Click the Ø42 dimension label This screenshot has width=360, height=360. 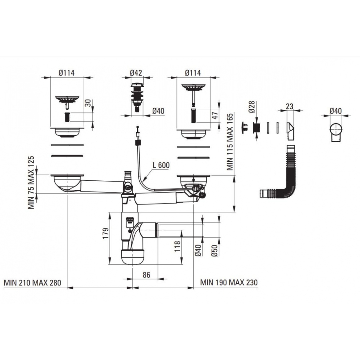click(136, 73)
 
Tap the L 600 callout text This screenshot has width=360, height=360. click(161, 165)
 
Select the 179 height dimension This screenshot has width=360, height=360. click(105, 233)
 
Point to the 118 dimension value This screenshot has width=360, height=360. click(177, 246)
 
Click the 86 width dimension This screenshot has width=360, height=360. click(146, 275)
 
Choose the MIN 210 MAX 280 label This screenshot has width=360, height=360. click(33, 283)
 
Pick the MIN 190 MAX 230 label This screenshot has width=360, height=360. click(229, 282)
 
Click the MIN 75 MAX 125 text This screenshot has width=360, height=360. click(31, 183)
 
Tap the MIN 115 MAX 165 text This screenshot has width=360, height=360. click(230, 141)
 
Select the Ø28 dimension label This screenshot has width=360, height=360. click(252, 107)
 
